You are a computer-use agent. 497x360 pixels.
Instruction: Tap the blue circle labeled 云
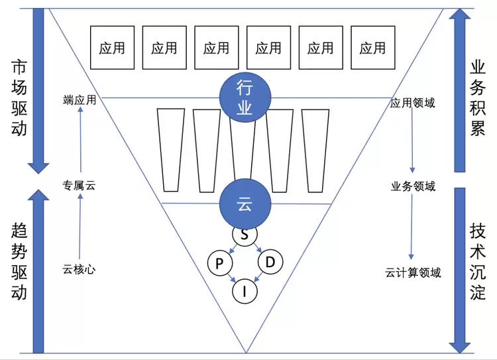tap(245, 204)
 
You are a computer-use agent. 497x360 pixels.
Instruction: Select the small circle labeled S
tap(245, 234)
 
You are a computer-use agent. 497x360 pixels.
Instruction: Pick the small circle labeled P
tap(219, 263)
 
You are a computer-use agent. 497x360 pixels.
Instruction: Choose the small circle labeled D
tap(270, 263)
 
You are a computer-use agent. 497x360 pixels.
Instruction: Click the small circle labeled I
tap(245, 290)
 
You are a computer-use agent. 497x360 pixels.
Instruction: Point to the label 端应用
tap(80, 101)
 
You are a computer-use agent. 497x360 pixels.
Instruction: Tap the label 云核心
tap(80, 269)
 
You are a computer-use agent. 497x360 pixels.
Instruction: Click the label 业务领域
tap(414, 186)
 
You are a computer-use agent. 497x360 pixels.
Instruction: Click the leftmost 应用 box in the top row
tap(112, 48)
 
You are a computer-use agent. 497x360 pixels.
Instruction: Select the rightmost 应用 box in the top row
tap(372, 48)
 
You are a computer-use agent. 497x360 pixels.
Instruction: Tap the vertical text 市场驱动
tap(19, 97)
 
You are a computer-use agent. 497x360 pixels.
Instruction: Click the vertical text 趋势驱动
tap(19, 261)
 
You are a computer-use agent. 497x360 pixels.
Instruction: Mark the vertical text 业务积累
tap(478, 97)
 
